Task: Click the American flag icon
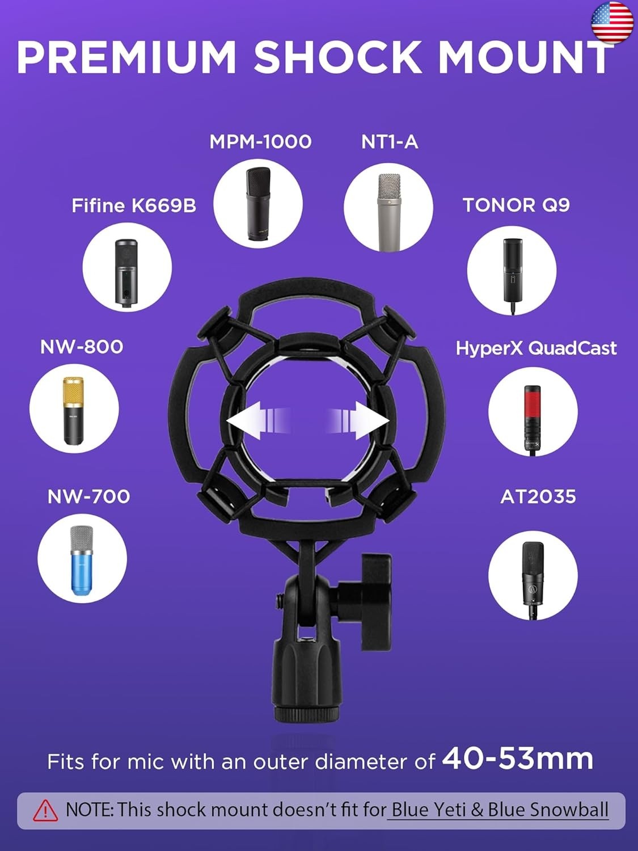point(612,23)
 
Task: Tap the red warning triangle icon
point(45,811)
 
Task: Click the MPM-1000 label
point(260,142)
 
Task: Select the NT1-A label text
point(390,142)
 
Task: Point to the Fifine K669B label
point(134,205)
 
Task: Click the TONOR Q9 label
point(516,205)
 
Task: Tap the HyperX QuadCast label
point(536,348)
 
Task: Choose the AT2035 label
point(538,497)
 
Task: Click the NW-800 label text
point(82,347)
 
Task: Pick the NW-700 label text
point(88,497)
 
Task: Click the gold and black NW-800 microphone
point(73,410)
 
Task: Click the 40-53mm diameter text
point(517,759)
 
